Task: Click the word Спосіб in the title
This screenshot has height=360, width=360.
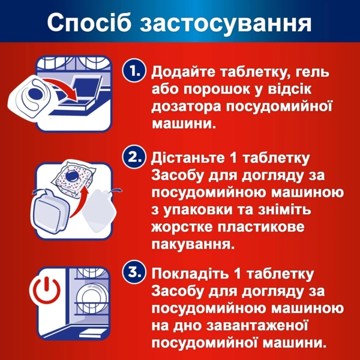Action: [x=89, y=24]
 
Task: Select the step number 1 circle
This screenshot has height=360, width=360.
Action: [x=134, y=72]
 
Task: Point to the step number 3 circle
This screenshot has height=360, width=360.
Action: [x=134, y=273]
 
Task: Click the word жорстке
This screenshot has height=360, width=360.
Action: [x=179, y=230]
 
